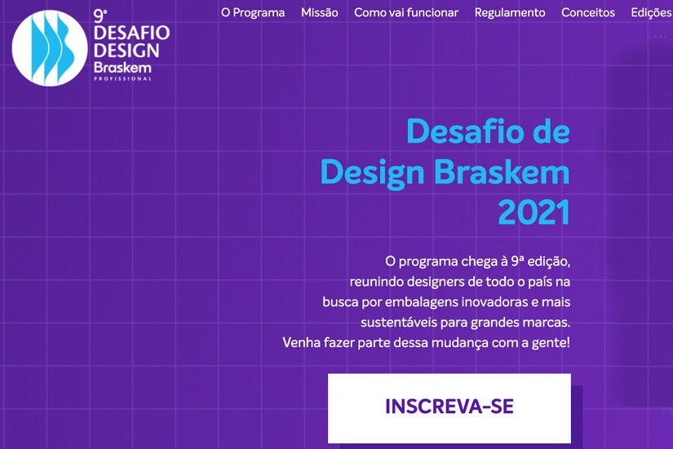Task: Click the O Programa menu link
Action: (253, 12)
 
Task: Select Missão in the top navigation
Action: (319, 12)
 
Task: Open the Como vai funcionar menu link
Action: (406, 12)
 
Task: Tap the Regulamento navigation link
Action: (510, 12)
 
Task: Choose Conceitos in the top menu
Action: (588, 12)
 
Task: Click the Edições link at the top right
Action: (652, 12)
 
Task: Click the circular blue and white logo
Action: (49, 47)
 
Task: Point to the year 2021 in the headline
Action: (534, 212)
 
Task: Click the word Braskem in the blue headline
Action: (502, 172)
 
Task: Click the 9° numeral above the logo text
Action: (101, 14)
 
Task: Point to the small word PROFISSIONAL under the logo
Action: (122, 79)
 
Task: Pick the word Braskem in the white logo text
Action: (122, 67)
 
